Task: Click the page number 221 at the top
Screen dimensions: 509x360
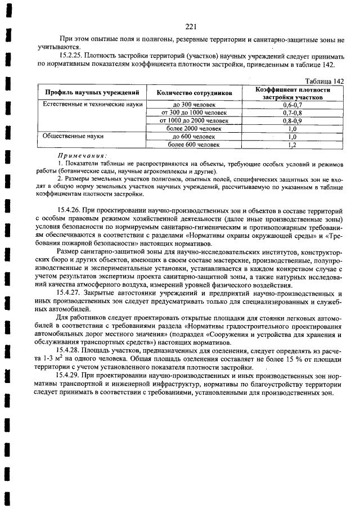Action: tap(190, 26)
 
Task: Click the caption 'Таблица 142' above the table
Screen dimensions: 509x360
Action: tap(323, 82)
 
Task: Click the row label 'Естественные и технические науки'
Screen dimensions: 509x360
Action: tap(90, 104)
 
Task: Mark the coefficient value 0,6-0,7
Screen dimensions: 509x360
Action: tap(292, 104)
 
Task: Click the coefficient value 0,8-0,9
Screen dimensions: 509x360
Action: tap(292, 120)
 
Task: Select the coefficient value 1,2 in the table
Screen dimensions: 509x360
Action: tap(292, 145)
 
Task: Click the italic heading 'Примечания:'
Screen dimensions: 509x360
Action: tap(82, 155)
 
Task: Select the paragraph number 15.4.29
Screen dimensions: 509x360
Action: tap(71, 375)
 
